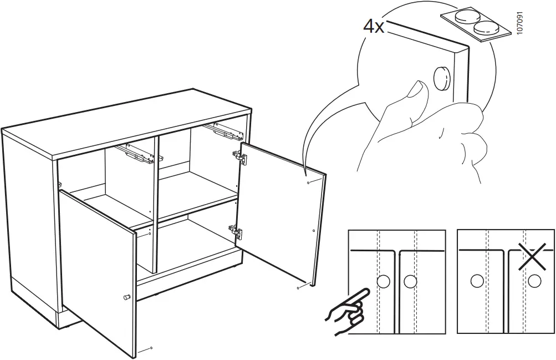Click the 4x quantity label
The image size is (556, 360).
point(374,27)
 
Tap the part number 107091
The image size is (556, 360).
point(520,23)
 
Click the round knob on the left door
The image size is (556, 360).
point(126,297)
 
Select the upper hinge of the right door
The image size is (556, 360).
point(239,157)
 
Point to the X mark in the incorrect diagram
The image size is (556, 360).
point(532,256)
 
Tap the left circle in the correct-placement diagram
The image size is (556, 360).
point(383,282)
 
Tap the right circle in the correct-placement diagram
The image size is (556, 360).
point(410,282)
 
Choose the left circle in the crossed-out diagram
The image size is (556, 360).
point(477,282)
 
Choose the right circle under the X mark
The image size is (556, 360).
point(534,282)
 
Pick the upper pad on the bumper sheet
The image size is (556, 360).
point(466,16)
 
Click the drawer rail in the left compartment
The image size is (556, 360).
point(141,153)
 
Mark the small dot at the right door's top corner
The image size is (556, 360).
point(309,182)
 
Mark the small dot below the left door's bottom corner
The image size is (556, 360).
point(152,347)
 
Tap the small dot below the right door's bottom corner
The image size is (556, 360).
point(299,288)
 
